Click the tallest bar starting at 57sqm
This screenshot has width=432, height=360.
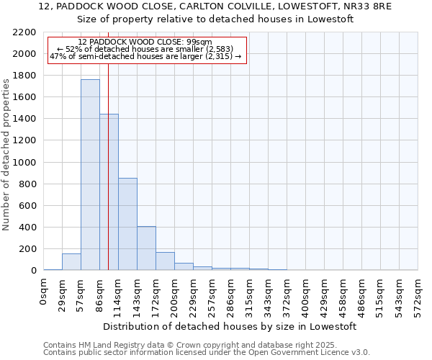click(x=90, y=175)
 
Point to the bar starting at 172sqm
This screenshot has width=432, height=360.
click(x=165, y=261)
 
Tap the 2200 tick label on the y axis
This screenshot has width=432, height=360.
click(x=24, y=32)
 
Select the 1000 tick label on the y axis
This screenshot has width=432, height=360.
click(x=24, y=163)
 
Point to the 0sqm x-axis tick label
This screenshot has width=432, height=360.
click(x=44, y=292)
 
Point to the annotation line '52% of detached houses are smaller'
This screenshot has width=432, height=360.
click(x=147, y=49)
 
